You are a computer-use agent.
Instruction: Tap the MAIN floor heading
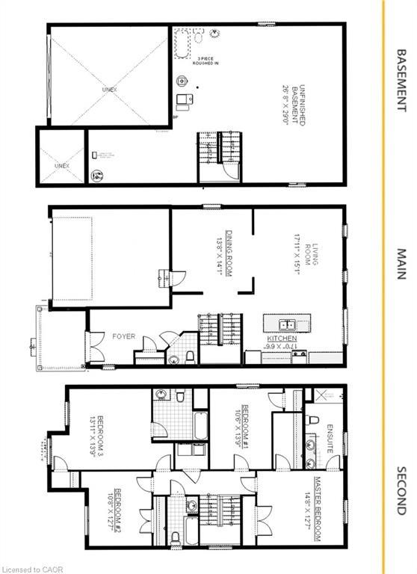[401, 264]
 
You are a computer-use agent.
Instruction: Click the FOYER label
[124, 336]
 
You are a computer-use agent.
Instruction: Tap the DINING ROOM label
[226, 253]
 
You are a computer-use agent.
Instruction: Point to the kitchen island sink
[286, 325]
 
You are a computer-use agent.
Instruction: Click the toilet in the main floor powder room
[189, 356]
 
